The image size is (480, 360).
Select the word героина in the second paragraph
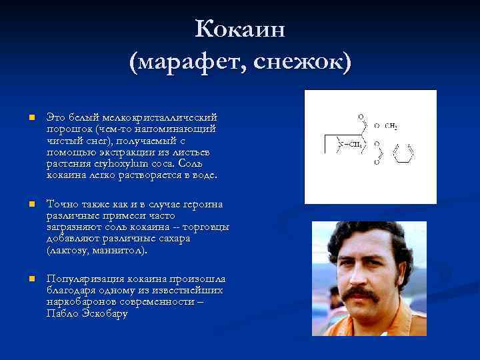[199, 205]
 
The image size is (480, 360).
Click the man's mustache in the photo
[362, 293]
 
